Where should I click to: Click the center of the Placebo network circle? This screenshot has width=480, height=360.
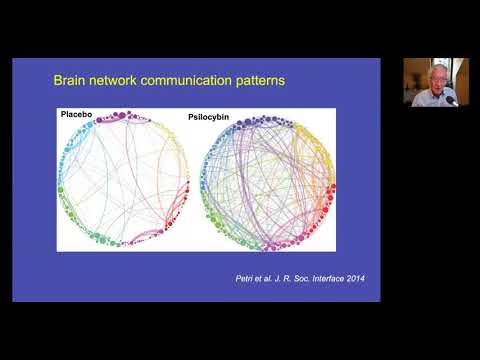point(120,180)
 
